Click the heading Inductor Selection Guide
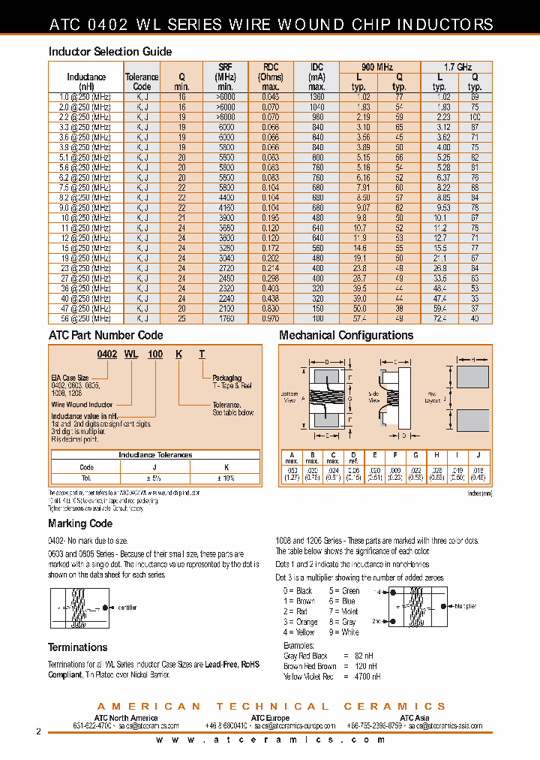point(110,52)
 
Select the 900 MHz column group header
point(379,67)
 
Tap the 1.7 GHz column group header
point(457,67)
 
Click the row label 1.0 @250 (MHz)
point(85,97)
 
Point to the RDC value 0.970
point(271,318)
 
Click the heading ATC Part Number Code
point(105,336)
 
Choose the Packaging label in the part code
point(226,378)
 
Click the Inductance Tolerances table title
point(155,454)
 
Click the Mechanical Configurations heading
point(346,336)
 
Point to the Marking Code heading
point(80,523)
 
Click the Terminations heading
point(78,647)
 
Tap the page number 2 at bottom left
point(38,731)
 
